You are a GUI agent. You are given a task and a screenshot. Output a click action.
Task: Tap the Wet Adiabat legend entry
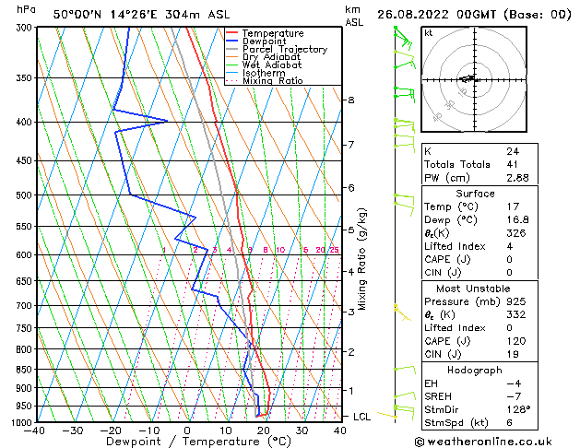click(x=271, y=65)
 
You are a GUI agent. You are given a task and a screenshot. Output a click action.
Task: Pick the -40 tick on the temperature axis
click(x=36, y=430)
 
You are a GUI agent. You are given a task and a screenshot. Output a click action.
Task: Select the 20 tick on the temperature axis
click(x=264, y=430)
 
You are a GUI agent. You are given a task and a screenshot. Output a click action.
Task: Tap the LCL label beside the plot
click(x=362, y=417)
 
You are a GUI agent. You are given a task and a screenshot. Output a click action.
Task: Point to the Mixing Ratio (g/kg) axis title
click(x=363, y=259)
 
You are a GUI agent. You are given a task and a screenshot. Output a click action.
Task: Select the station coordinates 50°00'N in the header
click(x=77, y=14)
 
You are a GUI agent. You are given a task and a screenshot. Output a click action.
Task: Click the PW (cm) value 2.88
click(x=515, y=178)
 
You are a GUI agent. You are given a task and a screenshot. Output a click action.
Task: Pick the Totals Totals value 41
click(x=512, y=164)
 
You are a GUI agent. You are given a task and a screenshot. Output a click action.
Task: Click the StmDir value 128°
click(x=517, y=409)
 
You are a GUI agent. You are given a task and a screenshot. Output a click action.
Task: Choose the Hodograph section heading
click(x=476, y=370)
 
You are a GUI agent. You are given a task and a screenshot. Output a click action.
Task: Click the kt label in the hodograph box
click(x=428, y=32)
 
